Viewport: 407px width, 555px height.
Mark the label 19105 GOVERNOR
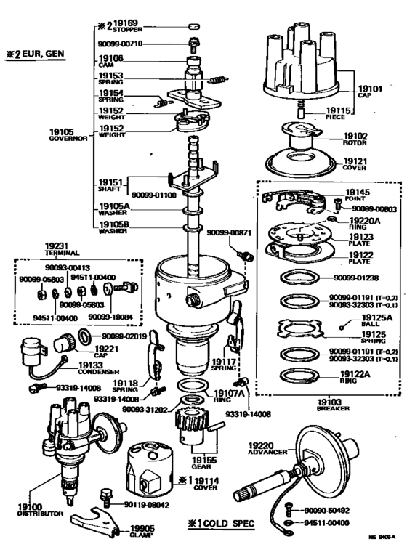coord(63,135)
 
